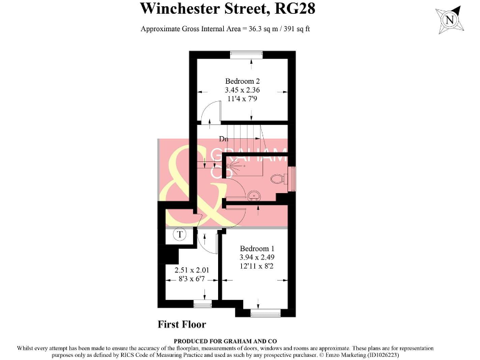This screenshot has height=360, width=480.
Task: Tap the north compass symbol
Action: pos(449,20)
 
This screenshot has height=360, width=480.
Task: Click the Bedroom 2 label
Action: pos(242,81)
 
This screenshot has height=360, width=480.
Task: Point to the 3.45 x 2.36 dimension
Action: pos(242,90)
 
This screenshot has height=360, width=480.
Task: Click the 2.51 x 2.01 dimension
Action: pos(192,270)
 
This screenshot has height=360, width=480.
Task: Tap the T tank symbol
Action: pos(179,235)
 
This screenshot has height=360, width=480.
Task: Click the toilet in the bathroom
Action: pos(279,179)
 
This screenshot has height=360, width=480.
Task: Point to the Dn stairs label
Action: pos(223,138)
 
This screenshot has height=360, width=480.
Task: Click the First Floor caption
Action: pos(182,324)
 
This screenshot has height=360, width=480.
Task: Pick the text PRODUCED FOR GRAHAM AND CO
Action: pos(226,341)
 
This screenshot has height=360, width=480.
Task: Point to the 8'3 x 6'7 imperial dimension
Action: pos(192,279)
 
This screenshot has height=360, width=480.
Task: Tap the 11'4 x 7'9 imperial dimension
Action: pos(242,99)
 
